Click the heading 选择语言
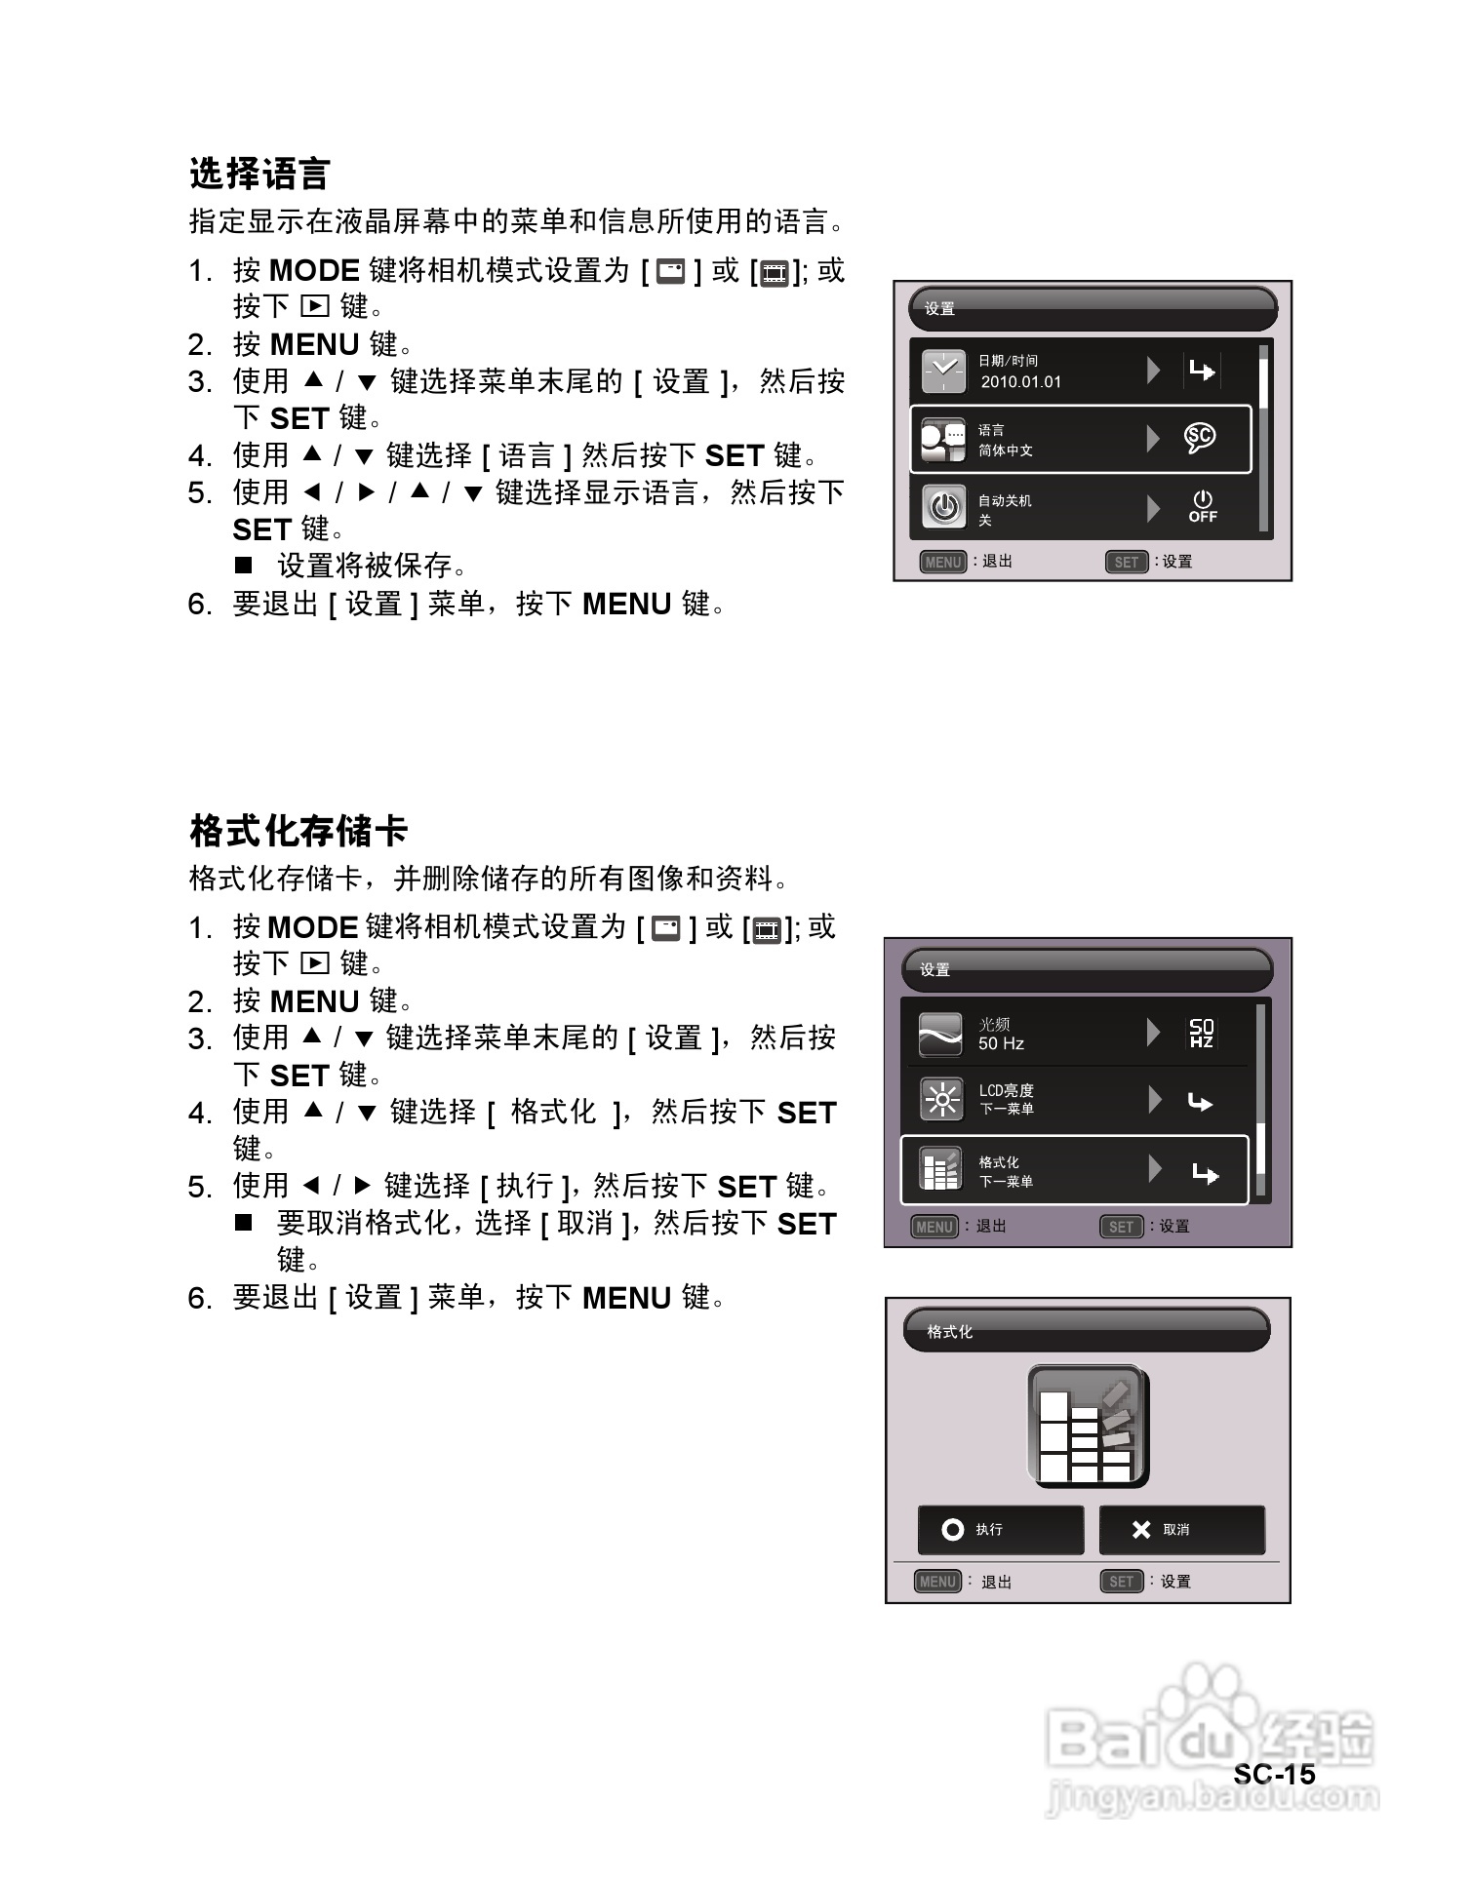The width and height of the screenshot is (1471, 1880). click(259, 175)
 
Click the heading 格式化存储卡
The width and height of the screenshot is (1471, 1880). click(298, 831)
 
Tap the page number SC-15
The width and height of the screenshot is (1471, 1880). click(1273, 1774)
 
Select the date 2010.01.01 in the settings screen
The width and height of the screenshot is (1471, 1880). click(1020, 382)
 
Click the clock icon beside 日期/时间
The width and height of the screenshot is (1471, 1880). click(943, 372)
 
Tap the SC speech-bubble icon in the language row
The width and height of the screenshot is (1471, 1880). click(1200, 438)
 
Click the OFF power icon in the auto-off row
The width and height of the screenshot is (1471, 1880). click(1202, 507)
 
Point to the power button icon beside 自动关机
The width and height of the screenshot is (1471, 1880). click(943, 507)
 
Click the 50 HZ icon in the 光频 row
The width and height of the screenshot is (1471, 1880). click(1201, 1033)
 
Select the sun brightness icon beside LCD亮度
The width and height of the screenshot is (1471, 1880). click(941, 1101)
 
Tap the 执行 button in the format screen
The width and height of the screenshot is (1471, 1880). click(1000, 1530)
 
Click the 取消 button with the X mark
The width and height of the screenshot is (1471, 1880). click(1181, 1530)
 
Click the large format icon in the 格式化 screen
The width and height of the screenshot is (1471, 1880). click(1088, 1427)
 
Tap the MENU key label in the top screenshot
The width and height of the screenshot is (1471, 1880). click(942, 562)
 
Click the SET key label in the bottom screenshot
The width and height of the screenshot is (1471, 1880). click(1121, 1582)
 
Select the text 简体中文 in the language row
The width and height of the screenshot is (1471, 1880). click(1006, 450)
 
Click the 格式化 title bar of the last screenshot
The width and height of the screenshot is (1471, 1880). click(1087, 1331)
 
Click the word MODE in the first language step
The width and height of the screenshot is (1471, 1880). click(314, 270)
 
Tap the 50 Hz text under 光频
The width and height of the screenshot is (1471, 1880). click(1001, 1043)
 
